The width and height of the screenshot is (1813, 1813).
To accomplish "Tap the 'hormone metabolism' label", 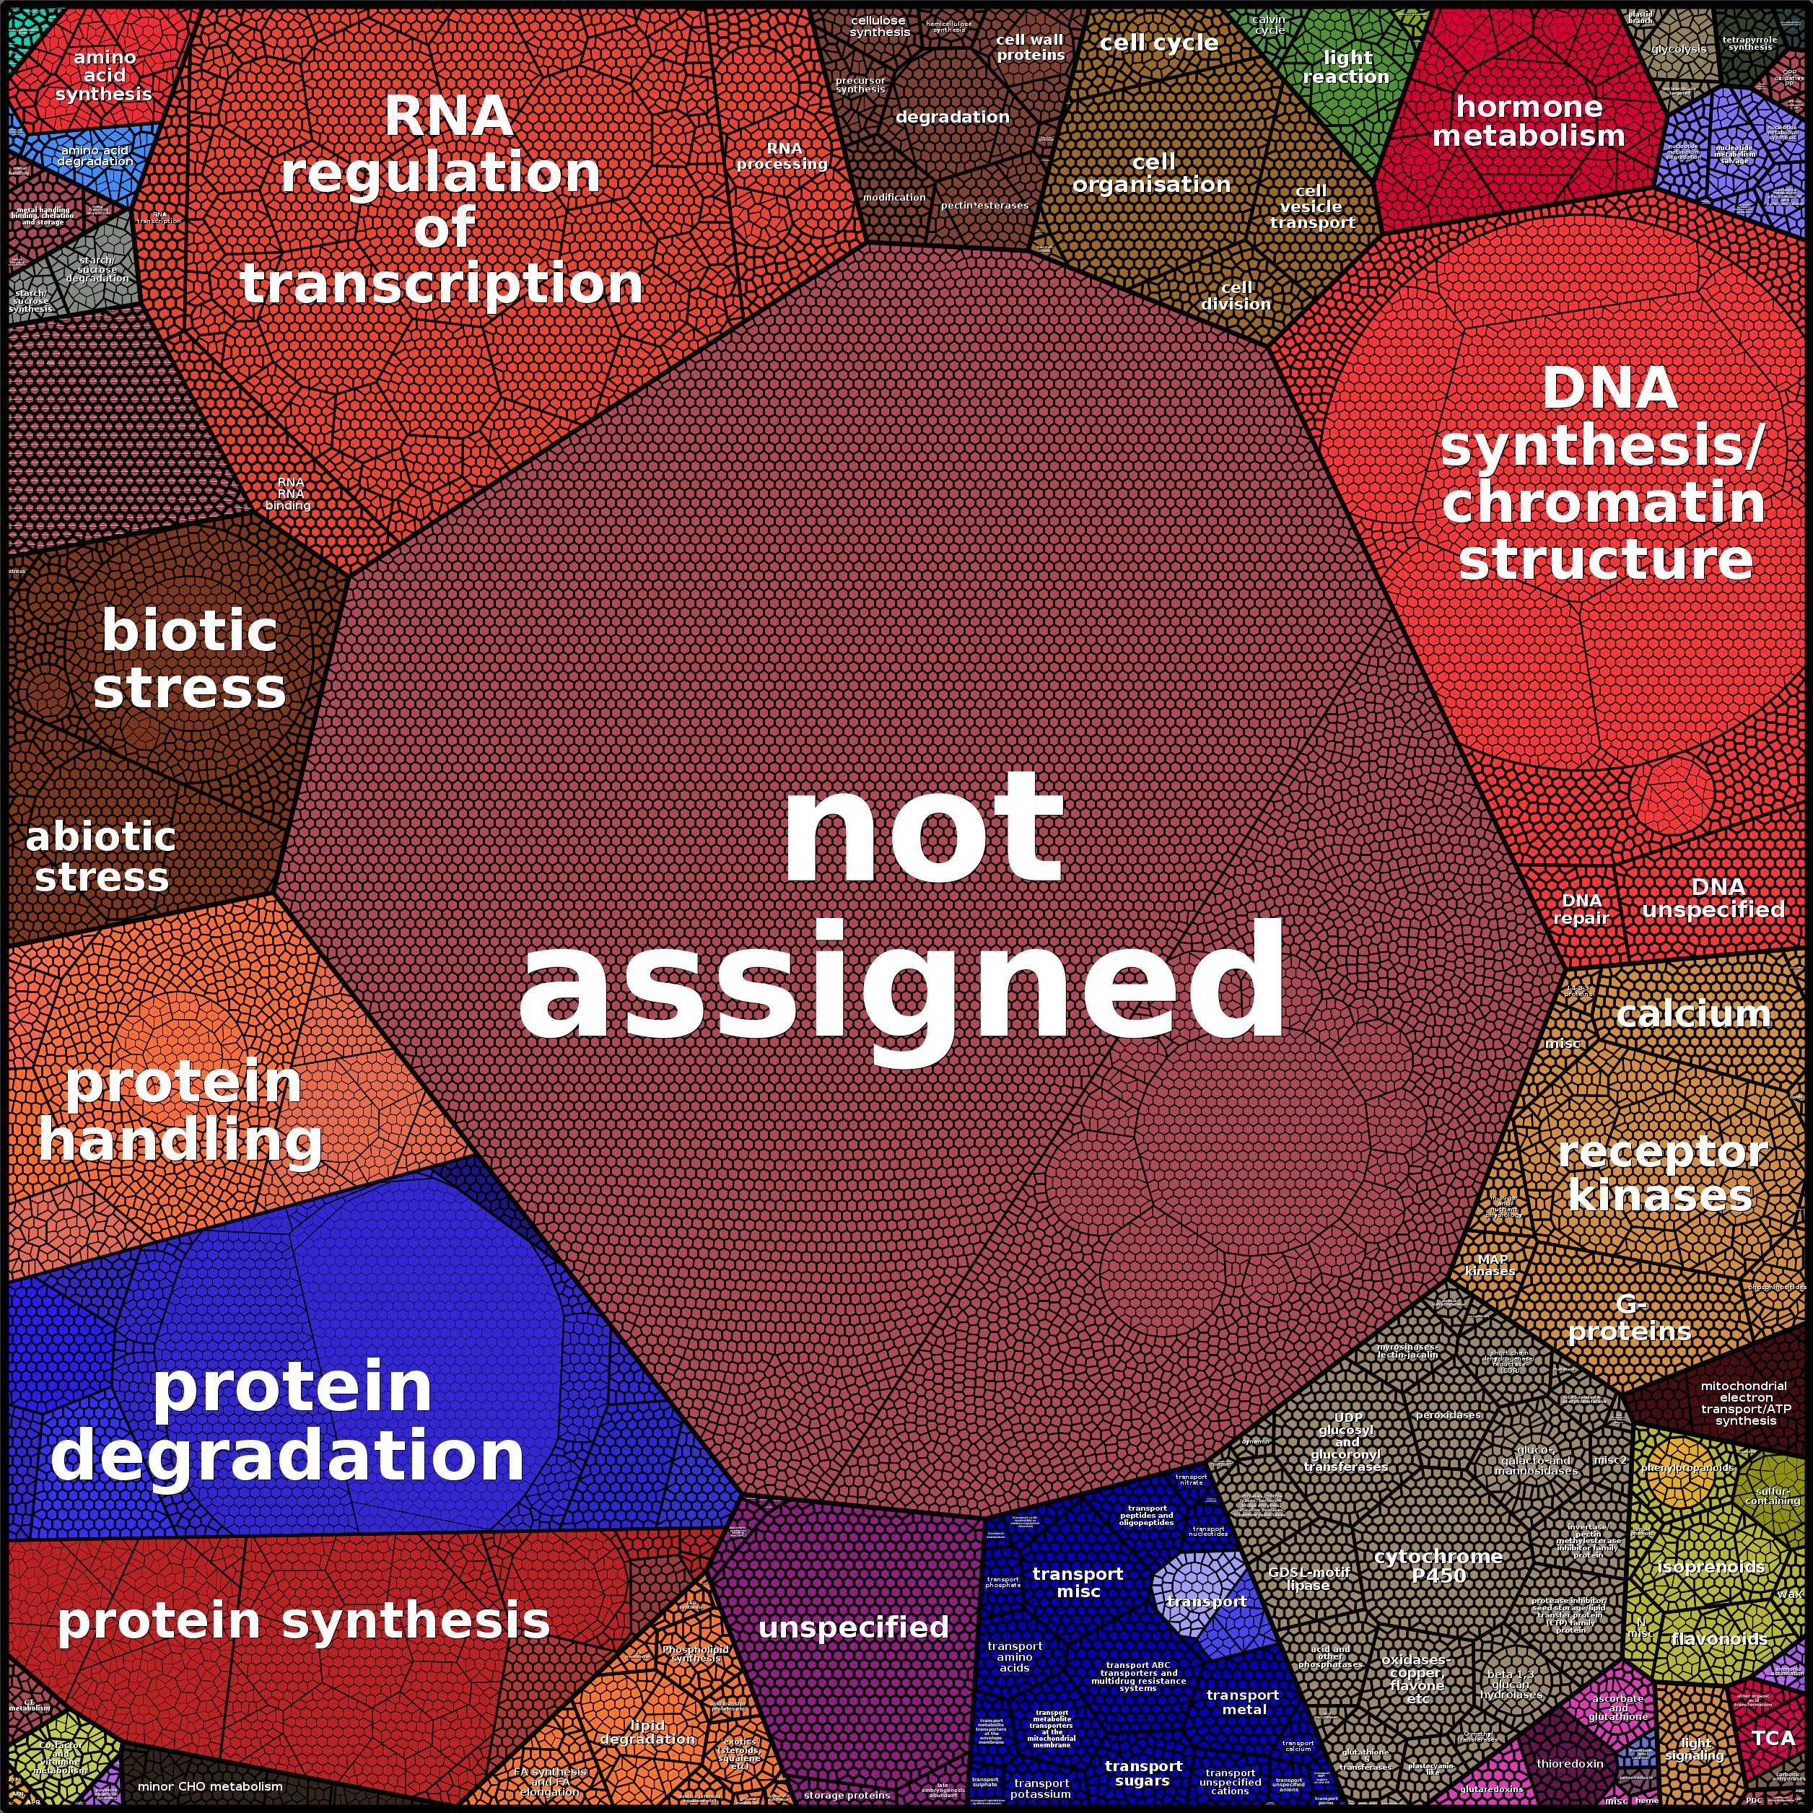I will [x=1528, y=121].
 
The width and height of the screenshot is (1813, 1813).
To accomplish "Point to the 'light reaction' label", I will [x=1345, y=66].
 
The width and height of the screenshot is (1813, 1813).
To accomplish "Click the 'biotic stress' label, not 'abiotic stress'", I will [x=190, y=659].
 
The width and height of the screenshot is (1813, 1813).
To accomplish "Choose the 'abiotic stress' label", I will [x=100, y=857].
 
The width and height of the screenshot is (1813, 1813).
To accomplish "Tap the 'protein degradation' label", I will [x=288, y=1421].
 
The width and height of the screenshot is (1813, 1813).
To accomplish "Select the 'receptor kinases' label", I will [x=1661, y=1174].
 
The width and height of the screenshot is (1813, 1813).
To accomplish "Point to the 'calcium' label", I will [x=1693, y=1013].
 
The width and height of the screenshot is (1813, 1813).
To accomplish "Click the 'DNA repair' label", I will [x=1581, y=909].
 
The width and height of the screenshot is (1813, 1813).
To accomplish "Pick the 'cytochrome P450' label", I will [x=1438, y=1565].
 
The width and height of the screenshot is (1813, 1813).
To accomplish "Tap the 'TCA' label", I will [x=1773, y=1738].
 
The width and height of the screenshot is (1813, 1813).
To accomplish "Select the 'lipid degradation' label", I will [x=647, y=1732].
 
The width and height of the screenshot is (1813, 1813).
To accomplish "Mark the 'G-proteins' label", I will [x=1630, y=1317].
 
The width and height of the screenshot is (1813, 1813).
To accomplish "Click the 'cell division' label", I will [x=1236, y=296].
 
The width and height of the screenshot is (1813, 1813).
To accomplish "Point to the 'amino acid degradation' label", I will [x=95, y=156].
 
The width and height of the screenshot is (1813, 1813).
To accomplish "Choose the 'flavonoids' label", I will [x=1719, y=1638].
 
